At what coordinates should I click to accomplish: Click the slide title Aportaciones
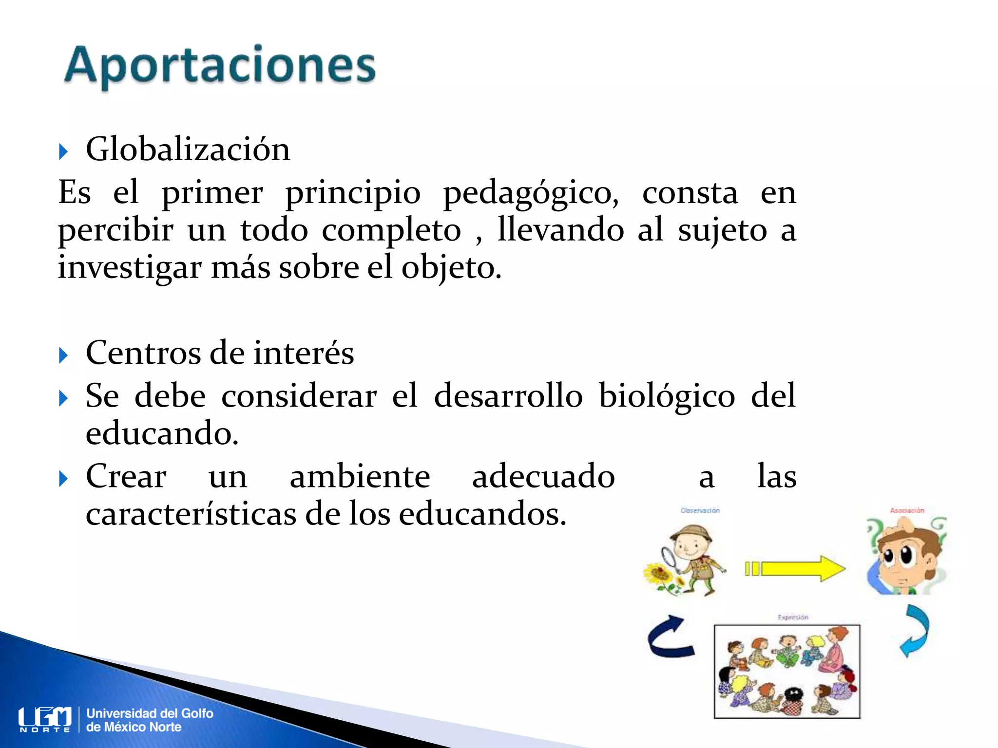tap(220, 66)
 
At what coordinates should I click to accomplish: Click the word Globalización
tap(188, 149)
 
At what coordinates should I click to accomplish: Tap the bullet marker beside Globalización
tap(63, 151)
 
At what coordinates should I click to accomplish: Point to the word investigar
tap(130, 268)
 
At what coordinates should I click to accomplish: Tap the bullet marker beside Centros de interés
tap(63, 355)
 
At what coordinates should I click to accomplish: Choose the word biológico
tap(667, 395)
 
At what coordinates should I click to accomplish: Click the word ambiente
tap(360, 476)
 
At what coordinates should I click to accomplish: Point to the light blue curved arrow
tap(915, 631)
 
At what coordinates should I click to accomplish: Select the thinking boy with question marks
tap(906, 556)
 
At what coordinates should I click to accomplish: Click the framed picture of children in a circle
tap(787, 672)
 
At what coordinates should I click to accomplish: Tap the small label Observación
tap(700, 510)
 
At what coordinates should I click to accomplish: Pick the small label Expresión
tap(793, 617)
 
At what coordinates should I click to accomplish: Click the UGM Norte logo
tap(45, 719)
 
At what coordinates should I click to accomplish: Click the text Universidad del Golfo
tap(150, 713)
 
